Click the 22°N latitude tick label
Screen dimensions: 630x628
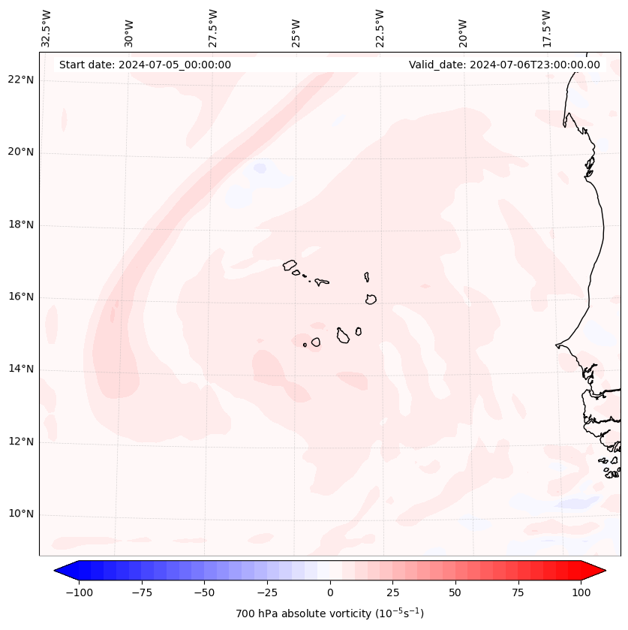click(20, 80)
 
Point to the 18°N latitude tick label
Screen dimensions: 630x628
click(20, 225)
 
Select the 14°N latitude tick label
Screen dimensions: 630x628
click(20, 369)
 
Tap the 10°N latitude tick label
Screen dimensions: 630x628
click(20, 514)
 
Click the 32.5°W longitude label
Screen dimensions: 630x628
click(47, 29)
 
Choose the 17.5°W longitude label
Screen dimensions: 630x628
click(546, 29)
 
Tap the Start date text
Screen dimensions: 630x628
click(145, 65)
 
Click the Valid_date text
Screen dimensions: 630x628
click(504, 65)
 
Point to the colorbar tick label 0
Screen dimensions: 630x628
click(330, 593)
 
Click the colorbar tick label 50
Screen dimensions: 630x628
click(455, 593)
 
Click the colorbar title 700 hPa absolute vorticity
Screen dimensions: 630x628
click(330, 614)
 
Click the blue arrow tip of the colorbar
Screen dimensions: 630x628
click(60, 571)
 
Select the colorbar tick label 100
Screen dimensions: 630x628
click(581, 593)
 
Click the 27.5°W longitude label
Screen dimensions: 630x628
click(213, 29)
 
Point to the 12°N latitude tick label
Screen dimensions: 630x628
click(20, 442)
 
